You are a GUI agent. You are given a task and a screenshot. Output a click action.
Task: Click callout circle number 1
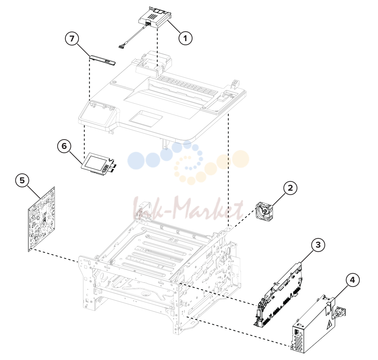tap(185, 38)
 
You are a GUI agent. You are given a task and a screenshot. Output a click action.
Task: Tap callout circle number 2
tap(290, 188)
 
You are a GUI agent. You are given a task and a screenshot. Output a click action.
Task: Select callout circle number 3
tap(318, 245)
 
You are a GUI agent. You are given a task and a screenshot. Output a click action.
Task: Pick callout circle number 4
tap(352, 280)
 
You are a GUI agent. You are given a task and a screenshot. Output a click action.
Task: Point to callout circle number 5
tap(22, 180)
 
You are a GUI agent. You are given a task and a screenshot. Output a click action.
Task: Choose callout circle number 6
tap(64, 146)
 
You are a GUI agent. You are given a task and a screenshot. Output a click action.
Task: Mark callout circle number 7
tap(72, 39)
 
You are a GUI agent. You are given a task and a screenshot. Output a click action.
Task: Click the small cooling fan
tap(264, 211)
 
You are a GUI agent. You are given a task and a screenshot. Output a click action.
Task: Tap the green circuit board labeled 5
tap(42, 219)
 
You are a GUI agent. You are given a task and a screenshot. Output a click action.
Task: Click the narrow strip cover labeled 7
tap(102, 60)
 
